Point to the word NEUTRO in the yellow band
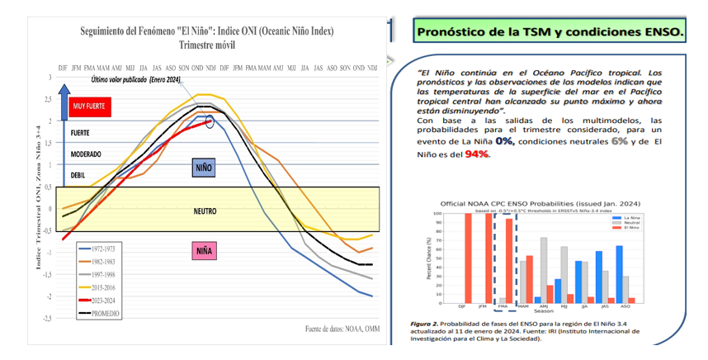click(205, 211)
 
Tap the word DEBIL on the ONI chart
click(79, 174)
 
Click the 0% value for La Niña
click(506, 141)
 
